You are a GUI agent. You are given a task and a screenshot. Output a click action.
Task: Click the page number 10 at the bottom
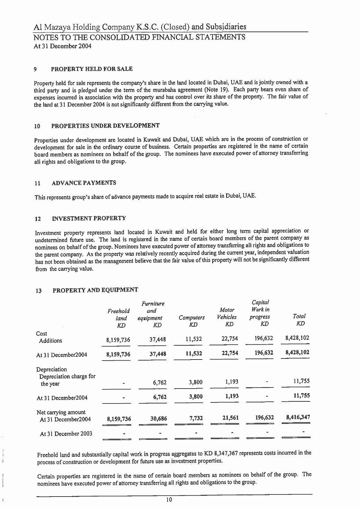[x=169, y=499]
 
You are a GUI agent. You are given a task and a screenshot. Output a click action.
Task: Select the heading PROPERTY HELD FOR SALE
[x=92, y=69]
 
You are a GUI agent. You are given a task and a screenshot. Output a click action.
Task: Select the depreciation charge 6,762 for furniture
[x=160, y=383]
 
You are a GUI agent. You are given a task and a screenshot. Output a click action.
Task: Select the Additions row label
[x=51, y=340]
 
